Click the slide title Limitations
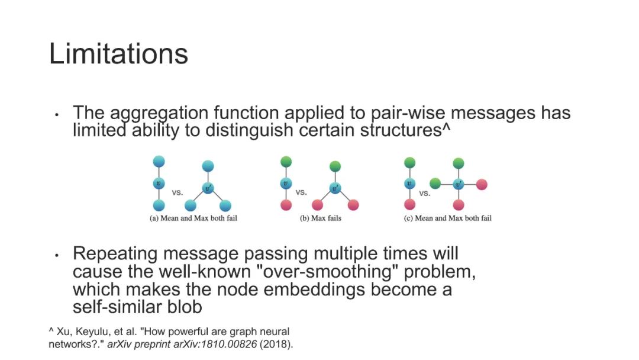pos(118,54)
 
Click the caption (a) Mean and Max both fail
pos(193,218)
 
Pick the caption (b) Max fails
pos(320,218)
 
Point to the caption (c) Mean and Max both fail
pos(447,218)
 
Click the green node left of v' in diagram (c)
pos(435,184)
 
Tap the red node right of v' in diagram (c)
pos(482,184)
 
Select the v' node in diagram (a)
pos(208,188)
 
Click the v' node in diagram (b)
pos(335,188)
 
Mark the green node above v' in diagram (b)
pos(335,166)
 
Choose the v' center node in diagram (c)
pos(459,184)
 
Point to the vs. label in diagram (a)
pos(177,192)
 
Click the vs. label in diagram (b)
pos(301,192)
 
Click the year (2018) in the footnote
pos(280,343)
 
